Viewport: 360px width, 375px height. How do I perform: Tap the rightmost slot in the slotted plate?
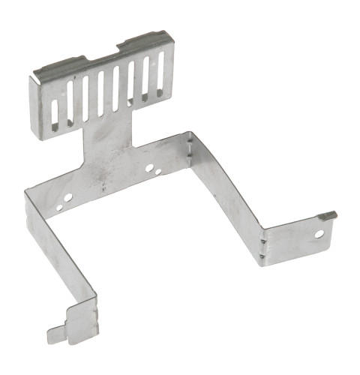pos(160,76)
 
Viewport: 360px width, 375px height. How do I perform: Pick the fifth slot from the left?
pos(115,89)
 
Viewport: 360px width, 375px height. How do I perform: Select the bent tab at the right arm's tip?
pos(328,216)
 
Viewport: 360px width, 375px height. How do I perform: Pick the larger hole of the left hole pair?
pos(68,196)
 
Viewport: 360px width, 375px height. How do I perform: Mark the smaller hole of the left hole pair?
pos(58,201)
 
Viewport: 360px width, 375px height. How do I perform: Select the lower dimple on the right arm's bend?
pos(262,256)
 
